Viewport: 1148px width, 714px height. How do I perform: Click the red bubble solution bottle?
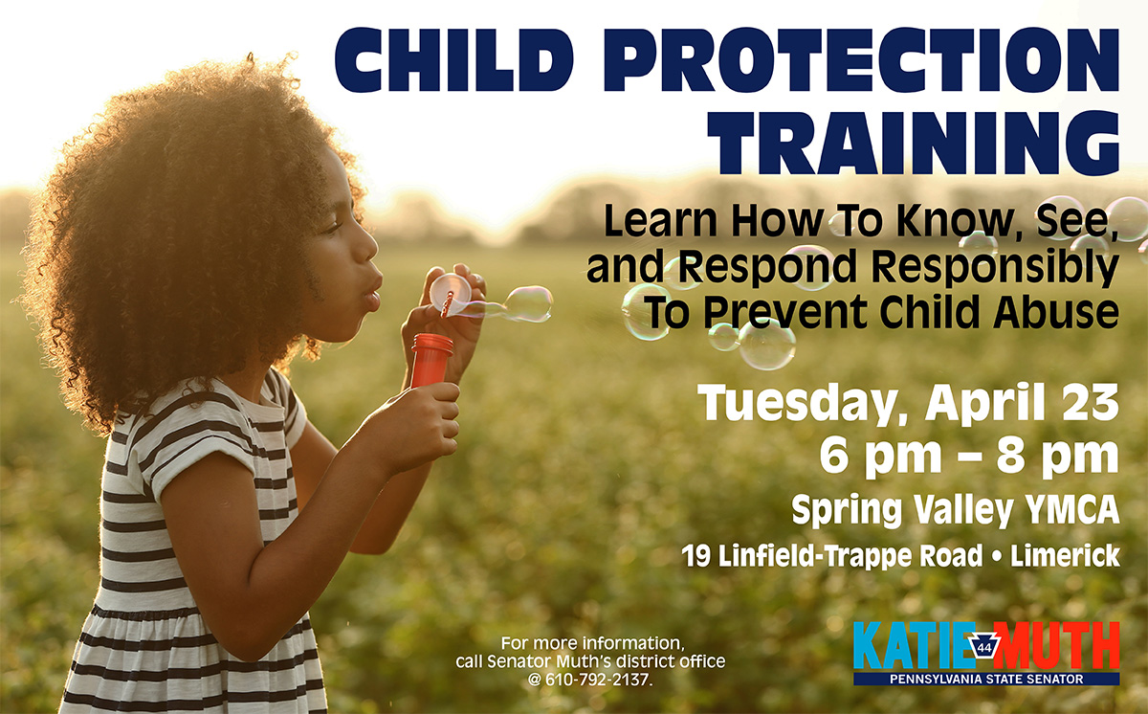(x=431, y=359)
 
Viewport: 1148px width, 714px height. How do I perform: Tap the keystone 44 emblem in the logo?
(x=984, y=647)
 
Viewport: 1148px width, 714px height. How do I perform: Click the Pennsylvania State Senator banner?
(x=986, y=679)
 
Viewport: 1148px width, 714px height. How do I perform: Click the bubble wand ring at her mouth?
(x=448, y=293)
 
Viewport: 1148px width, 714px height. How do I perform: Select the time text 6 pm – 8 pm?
(x=968, y=456)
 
